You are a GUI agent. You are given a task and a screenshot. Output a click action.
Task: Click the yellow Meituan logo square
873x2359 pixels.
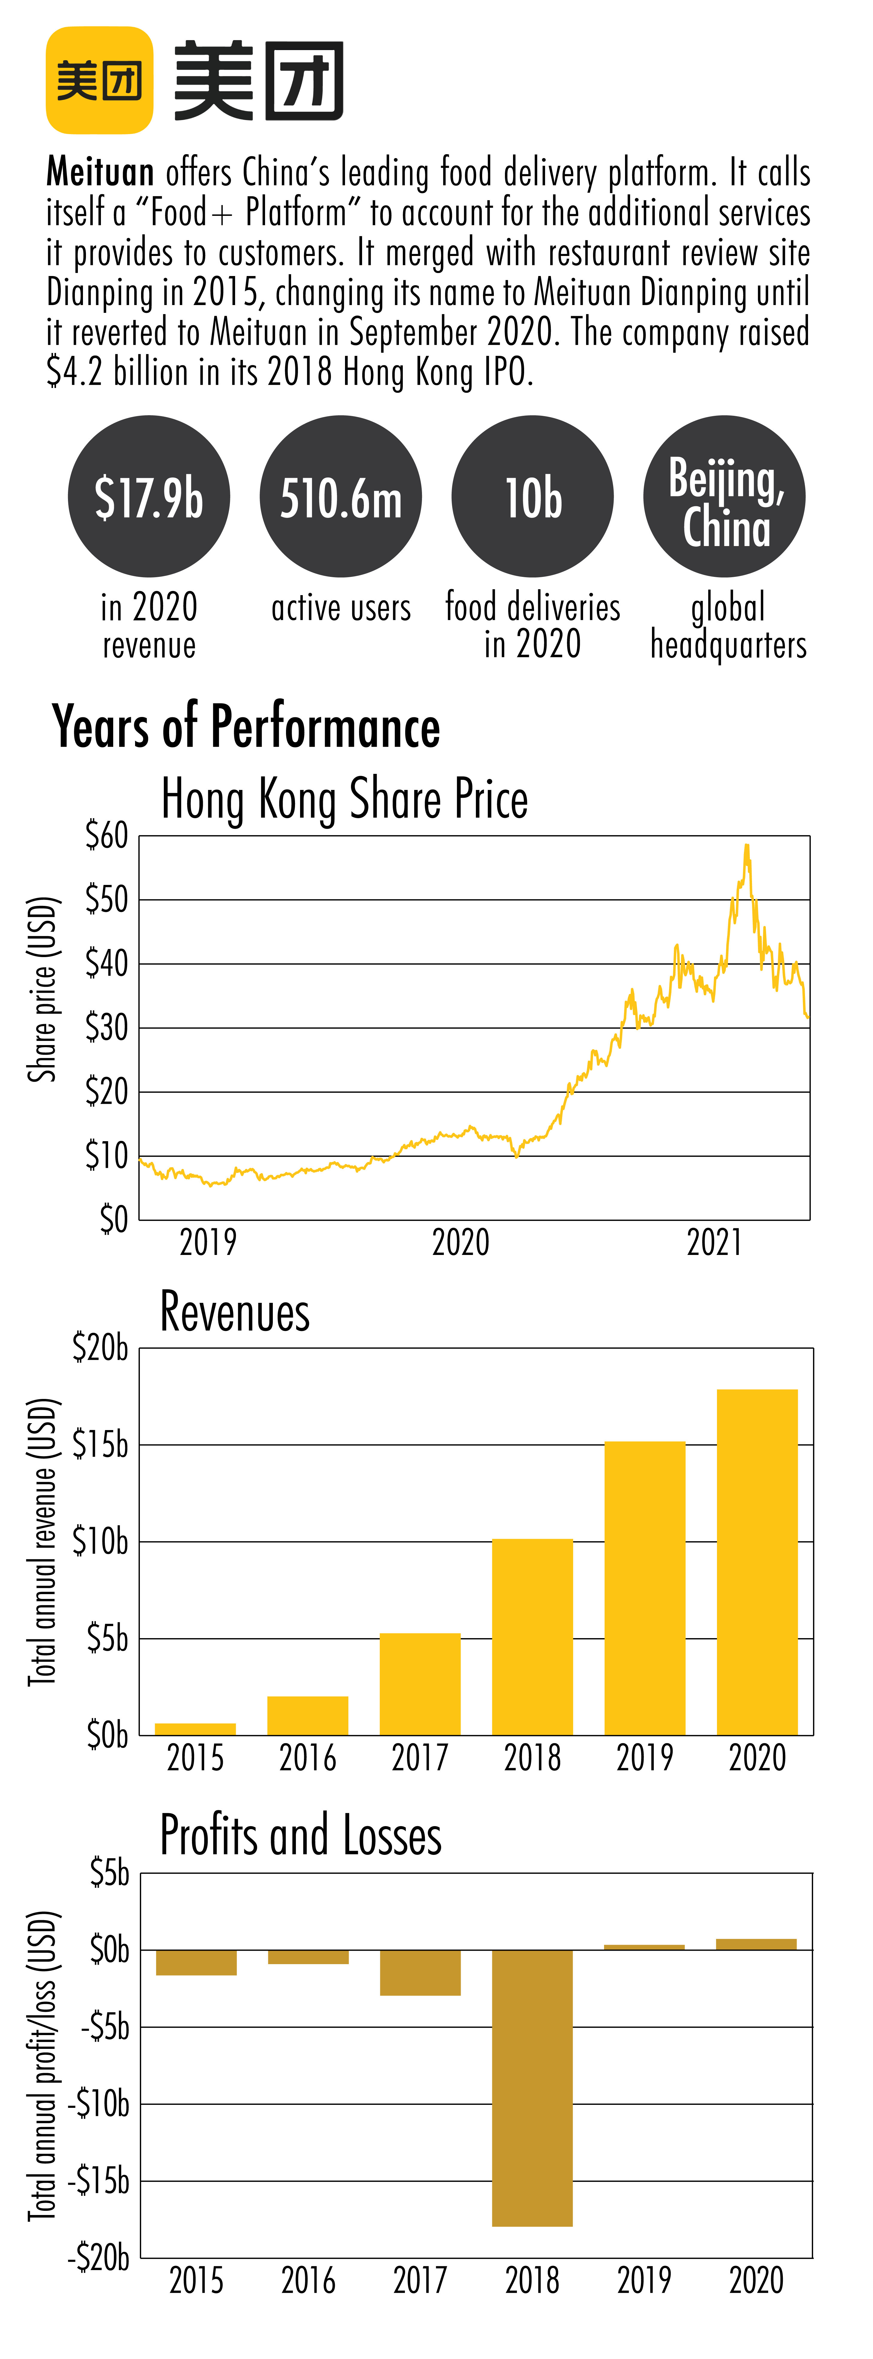point(99,81)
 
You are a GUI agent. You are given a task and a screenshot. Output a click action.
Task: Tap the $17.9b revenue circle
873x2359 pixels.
point(149,496)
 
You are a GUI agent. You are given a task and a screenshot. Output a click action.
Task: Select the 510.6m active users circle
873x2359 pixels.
point(341,496)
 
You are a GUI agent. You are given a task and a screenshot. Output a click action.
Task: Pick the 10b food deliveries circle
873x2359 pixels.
point(532,496)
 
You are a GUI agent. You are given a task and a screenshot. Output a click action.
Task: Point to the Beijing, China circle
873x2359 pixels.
point(724,496)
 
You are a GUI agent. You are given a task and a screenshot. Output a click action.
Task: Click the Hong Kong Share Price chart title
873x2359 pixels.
point(344,798)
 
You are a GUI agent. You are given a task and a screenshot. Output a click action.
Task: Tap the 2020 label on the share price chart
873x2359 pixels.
point(461,1243)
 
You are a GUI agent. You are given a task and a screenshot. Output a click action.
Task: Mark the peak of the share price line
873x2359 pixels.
point(747,845)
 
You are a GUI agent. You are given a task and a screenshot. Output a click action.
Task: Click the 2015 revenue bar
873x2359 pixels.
point(195,1729)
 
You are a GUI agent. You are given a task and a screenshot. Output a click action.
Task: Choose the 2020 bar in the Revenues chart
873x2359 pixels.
point(757,1562)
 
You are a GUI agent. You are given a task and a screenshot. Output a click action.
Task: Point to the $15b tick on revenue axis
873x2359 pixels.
point(101,1445)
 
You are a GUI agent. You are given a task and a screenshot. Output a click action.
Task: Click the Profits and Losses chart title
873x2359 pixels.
point(300,1835)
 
